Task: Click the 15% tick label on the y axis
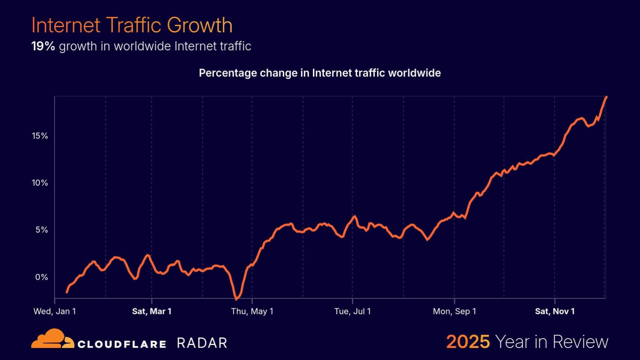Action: click(40, 136)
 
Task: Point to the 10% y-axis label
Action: click(40, 183)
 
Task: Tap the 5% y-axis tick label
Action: click(42, 230)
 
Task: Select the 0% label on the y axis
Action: click(42, 277)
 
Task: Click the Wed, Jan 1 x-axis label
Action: click(55, 311)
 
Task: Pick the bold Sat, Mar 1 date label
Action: click(152, 311)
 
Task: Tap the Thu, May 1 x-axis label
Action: click(252, 311)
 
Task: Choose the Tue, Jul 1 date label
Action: click(352, 311)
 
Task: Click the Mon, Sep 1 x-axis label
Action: click(454, 311)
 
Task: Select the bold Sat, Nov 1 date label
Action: click(554, 311)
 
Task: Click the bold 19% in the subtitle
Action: click(43, 46)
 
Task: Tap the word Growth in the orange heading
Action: click(199, 25)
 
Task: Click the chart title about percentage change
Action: click(320, 73)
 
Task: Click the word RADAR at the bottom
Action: click(202, 343)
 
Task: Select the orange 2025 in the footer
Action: click(468, 342)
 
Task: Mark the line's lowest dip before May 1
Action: click(236, 299)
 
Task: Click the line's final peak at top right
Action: click(606, 97)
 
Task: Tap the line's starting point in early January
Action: click(67, 292)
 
